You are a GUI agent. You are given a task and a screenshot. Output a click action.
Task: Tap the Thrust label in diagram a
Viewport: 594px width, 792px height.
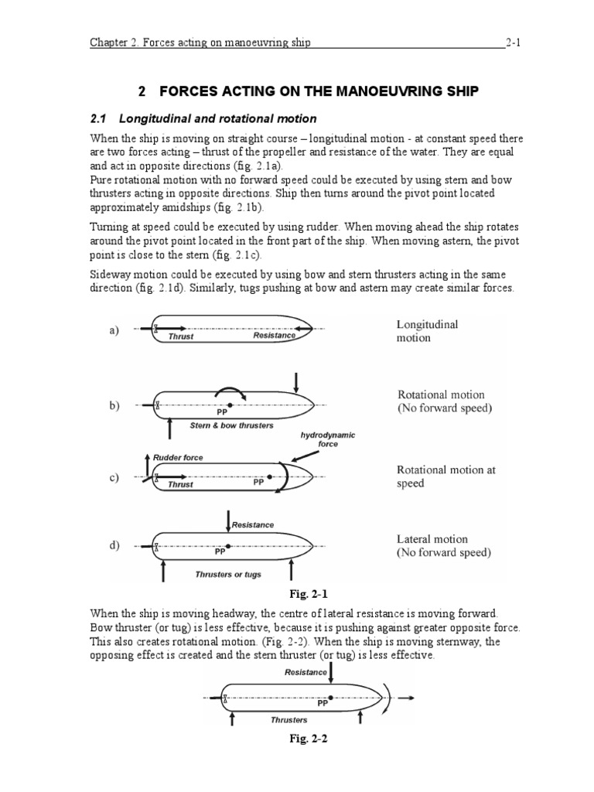tap(181, 336)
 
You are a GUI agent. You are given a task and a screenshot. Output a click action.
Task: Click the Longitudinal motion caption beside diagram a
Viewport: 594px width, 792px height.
tap(427, 331)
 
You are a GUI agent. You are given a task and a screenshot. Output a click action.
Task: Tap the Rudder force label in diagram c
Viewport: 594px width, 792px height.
tap(179, 458)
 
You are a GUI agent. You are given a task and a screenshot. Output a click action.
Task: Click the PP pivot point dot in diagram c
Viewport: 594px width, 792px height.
tap(270, 477)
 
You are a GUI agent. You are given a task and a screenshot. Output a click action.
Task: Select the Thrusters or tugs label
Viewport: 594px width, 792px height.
tap(227, 574)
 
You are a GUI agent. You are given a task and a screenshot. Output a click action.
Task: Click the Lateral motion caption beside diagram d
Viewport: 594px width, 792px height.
tap(443, 546)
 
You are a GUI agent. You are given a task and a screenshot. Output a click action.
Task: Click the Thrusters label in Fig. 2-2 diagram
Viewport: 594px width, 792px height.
tap(289, 719)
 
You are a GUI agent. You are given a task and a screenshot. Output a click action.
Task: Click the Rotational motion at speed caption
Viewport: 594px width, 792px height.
tap(446, 476)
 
